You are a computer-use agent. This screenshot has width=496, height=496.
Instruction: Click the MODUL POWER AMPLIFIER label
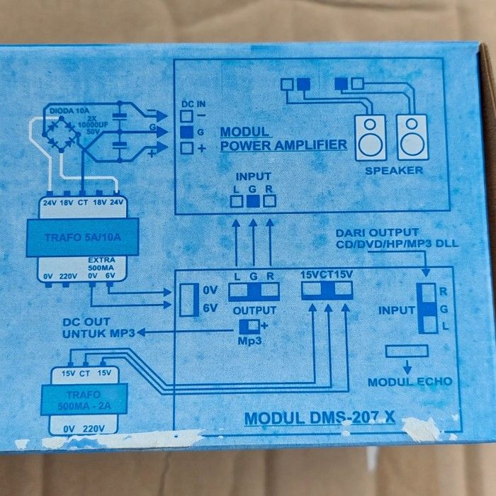click(283, 140)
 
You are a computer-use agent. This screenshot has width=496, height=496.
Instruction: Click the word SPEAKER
click(394, 171)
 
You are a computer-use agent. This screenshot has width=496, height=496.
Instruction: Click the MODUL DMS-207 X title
click(319, 418)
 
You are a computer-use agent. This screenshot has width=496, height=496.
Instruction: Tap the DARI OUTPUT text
click(377, 233)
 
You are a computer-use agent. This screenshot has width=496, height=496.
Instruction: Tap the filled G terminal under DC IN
click(187, 131)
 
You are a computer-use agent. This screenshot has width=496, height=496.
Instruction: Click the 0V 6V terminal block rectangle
click(187, 299)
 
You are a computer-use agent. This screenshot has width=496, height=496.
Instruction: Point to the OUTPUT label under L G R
click(254, 310)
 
